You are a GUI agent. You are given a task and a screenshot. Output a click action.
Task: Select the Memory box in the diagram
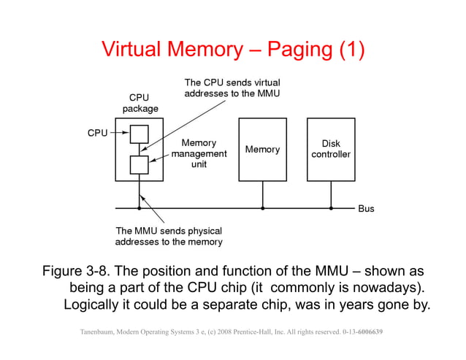point(262,149)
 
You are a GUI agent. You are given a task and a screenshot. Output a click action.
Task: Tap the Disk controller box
point(330,149)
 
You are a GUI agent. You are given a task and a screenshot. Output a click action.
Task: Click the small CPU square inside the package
point(139,134)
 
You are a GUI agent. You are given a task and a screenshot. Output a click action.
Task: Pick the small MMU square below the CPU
point(139,164)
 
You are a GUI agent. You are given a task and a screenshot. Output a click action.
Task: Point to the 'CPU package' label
point(139,103)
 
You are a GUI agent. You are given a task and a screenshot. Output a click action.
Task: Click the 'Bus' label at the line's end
point(366,209)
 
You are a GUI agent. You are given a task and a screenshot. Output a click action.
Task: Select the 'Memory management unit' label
point(199,154)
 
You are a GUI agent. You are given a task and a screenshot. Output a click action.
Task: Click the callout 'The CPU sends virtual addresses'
point(232,88)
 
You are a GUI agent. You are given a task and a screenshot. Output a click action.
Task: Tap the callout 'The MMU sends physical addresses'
point(169,236)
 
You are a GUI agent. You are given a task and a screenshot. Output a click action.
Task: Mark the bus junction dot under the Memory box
point(262,208)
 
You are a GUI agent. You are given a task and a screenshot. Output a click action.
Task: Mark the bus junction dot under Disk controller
point(330,208)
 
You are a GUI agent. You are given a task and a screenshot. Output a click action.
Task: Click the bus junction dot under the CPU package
point(139,208)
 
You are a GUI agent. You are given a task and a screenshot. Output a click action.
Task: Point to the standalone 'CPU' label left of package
point(98,134)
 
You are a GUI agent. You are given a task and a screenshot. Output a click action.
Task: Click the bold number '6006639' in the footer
point(371,333)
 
